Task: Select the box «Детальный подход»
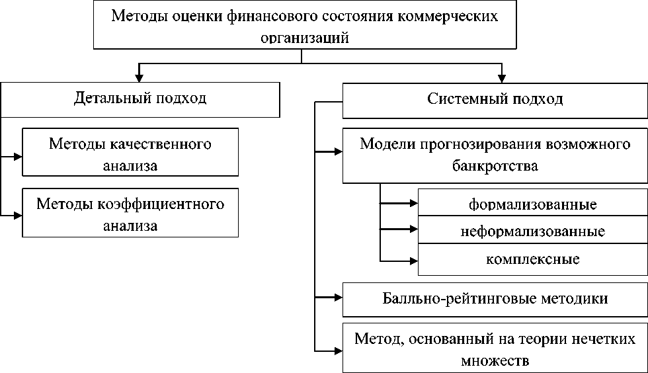pos(140,100)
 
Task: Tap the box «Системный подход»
pos(495,101)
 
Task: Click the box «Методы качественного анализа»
pos(130,152)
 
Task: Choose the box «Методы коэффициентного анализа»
pos(130,212)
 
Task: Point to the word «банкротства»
pos(495,166)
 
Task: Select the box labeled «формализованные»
pos(533,202)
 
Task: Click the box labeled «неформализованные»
pos(533,229)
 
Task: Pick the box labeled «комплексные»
pos(533,259)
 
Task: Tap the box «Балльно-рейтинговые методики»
pos(495,300)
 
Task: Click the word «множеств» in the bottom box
pos(495,360)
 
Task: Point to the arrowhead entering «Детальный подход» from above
pos(140,78)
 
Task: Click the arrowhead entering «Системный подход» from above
pos(502,79)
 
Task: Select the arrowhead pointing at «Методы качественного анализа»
pos(18,157)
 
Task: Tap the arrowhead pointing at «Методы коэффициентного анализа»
pos(18,216)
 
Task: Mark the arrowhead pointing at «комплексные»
pos(414,261)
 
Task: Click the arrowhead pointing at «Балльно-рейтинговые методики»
pos(339,297)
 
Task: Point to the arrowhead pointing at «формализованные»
pos(414,203)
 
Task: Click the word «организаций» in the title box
pos(305,38)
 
